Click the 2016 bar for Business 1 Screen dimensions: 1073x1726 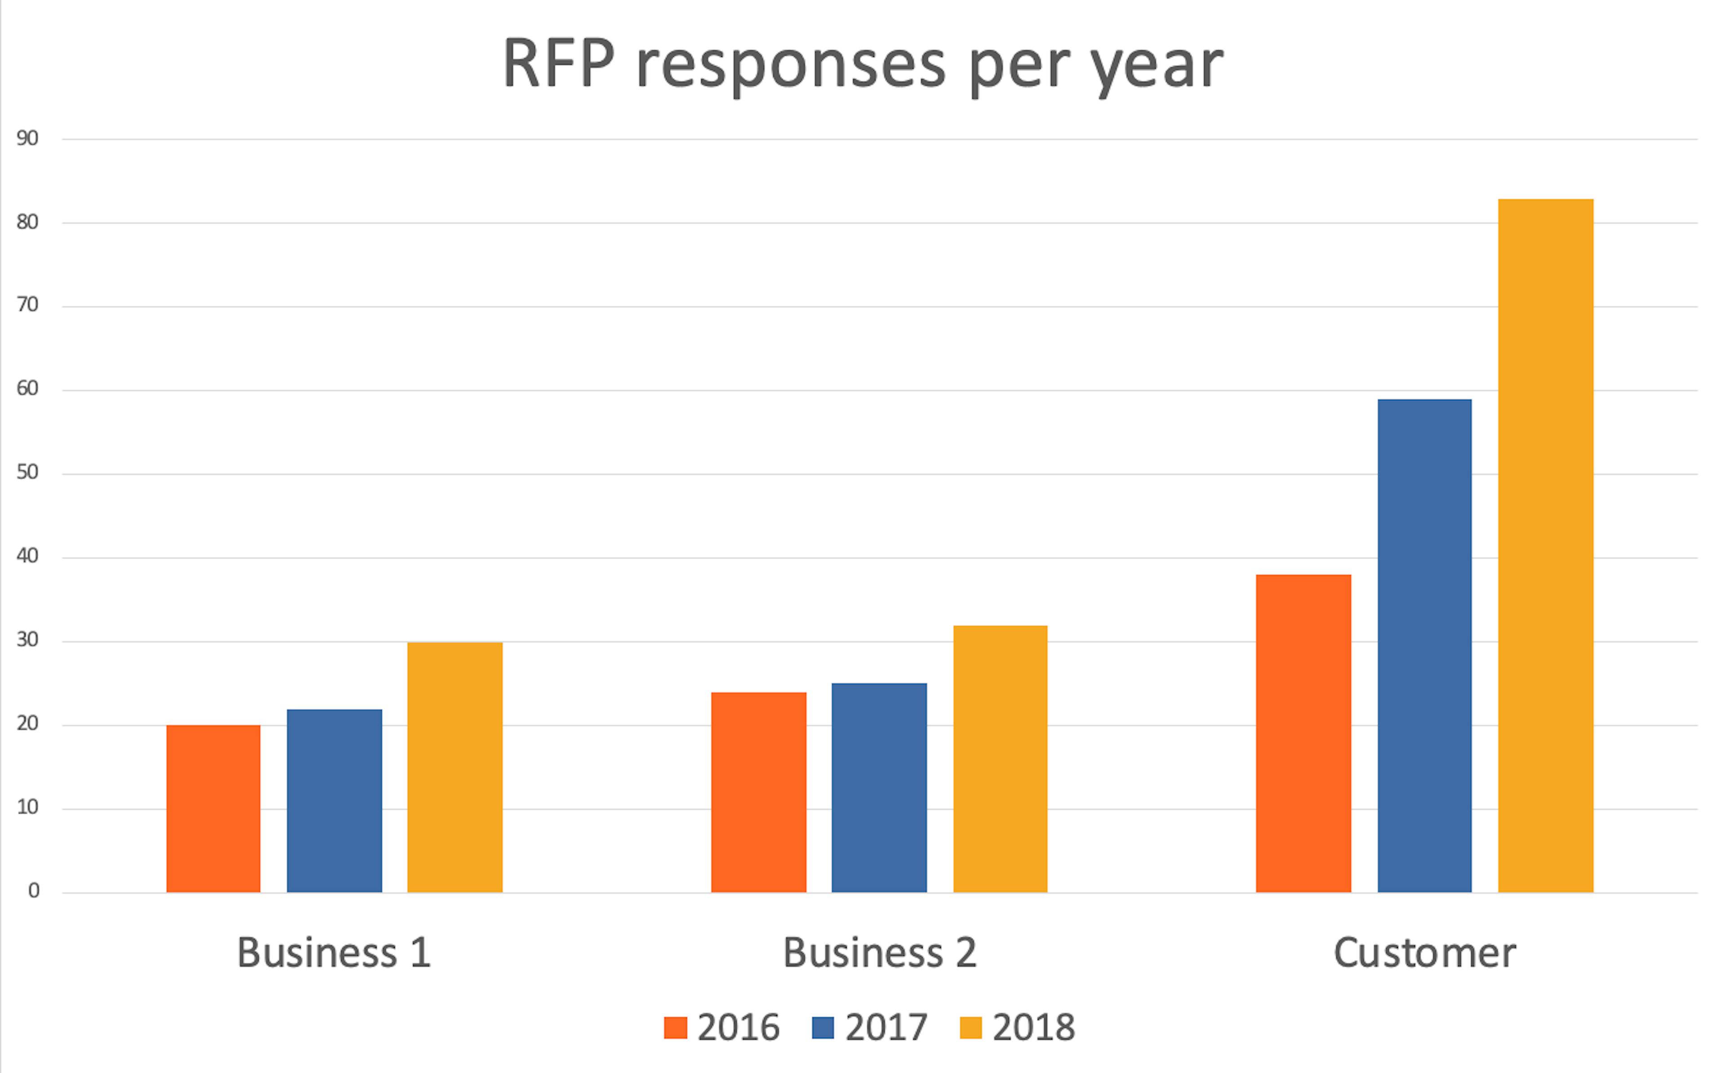pos(213,808)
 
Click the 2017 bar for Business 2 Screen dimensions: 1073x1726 pos(879,788)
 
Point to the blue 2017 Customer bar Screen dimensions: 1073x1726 pos(1424,646)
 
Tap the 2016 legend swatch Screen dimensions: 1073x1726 pos(675,1028)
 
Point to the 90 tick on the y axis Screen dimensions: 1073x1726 pos(27,138)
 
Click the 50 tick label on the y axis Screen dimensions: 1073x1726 pos(27,472)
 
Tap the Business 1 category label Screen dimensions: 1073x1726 pos(334,952)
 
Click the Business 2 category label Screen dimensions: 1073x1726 pos(879,952)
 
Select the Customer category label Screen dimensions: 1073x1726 pos(1424,952)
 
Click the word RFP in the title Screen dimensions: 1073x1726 pos(558,64)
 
